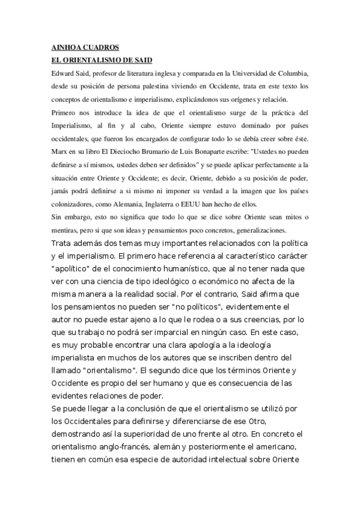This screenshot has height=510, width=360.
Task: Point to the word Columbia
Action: tap(293, 73)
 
